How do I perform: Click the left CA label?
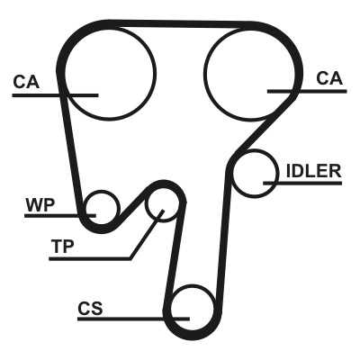(x=26, y=82)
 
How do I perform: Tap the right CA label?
(x=329, y=78)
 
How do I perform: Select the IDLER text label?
(x=314, y=171)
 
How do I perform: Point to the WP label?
(x=40, y=205)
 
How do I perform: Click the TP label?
(x=62, y=247)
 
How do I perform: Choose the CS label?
(x=90, y=308)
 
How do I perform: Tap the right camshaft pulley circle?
(x=204, y=73)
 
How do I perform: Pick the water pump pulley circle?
(x=120, y=208)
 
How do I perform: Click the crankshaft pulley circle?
(x=213, y=309)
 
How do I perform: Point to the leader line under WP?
(x=60, y=215)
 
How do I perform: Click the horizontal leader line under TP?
(x=90, y=258)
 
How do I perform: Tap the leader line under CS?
(x=133, y=319)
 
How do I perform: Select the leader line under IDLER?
(x=302, y=183)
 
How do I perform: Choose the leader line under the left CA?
(x=55, y=95)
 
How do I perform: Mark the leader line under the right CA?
(x=307, y=91)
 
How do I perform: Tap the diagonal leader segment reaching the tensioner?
(x=147, y=235)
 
